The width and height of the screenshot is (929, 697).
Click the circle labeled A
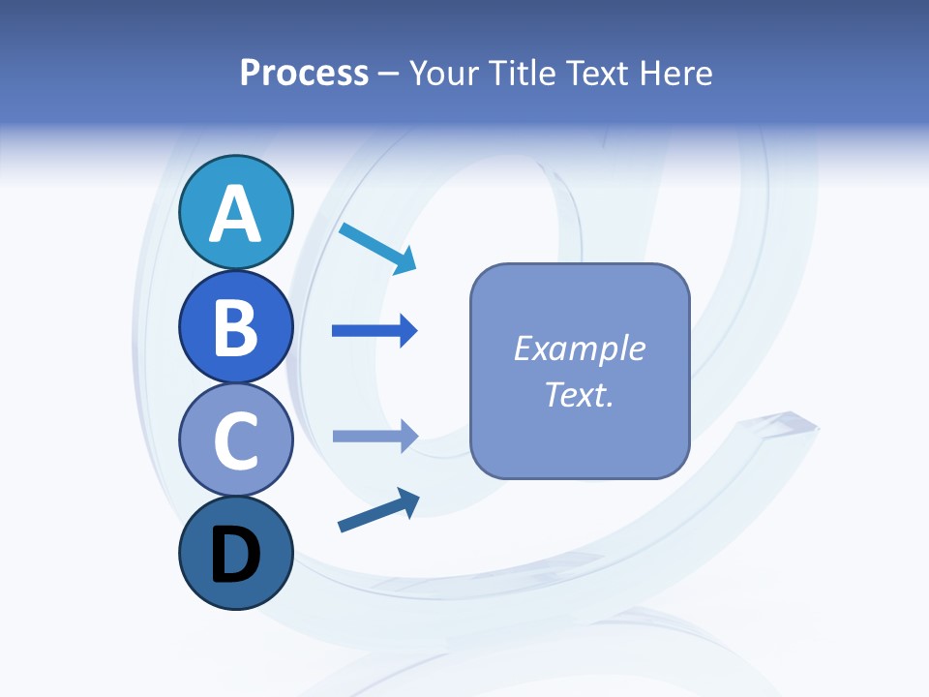click(x=235, y=212)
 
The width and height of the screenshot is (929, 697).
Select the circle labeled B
click(x=235, y=326)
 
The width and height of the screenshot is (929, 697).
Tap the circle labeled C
click(x=235, y=440)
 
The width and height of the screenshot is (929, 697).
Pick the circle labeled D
click(x=235, y=554)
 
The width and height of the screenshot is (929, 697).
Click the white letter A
click(x=235, y=214)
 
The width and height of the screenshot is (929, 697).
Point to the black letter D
click(x=235, y=556)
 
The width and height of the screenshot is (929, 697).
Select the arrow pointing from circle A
click(x=377, y=247)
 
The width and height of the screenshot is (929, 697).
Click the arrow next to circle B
click(x=374, y=331)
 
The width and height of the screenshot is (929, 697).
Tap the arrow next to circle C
click(x=374, y=436)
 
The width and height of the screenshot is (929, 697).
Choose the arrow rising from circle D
click(x=377, y=510)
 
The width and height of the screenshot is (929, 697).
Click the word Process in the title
click(x=304, y=73)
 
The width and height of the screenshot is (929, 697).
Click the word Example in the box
click(x=579, y=348)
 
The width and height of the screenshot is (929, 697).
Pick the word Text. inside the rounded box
click(x=579, y=394)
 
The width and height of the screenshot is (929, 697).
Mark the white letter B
click(x=235, y=328)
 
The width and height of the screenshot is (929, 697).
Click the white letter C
click(x=235, y=441)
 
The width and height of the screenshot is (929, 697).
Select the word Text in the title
click(x=596, y=73)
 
